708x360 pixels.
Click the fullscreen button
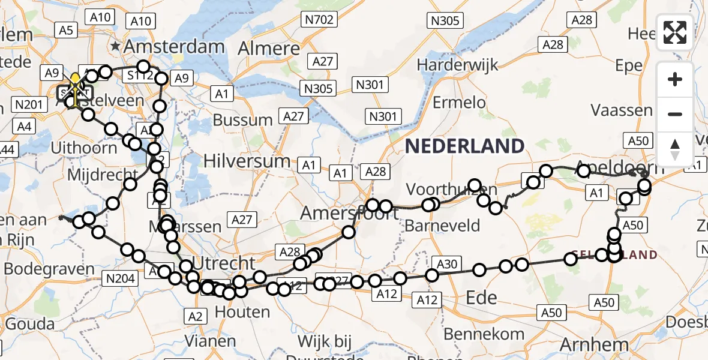(675, 32)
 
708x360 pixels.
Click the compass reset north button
(675, 149)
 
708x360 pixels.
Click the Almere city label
(269, 49)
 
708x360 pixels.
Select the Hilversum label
(247, 161)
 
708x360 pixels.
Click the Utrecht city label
(222, 262)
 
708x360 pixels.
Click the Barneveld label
(442, 226)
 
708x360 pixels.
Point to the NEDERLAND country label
(464, 146)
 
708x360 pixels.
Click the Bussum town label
(242, 119)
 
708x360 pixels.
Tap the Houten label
(242, 312)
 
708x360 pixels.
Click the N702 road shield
(319, 20)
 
